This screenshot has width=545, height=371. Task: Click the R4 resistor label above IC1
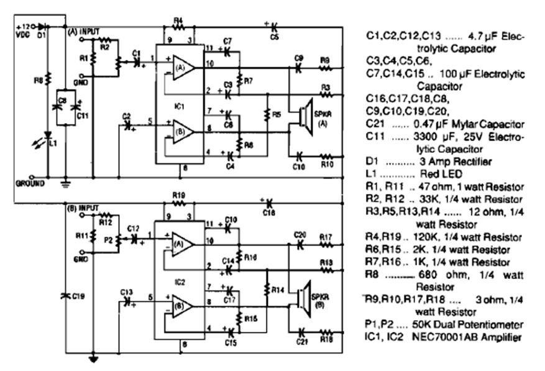coord(179,21)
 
